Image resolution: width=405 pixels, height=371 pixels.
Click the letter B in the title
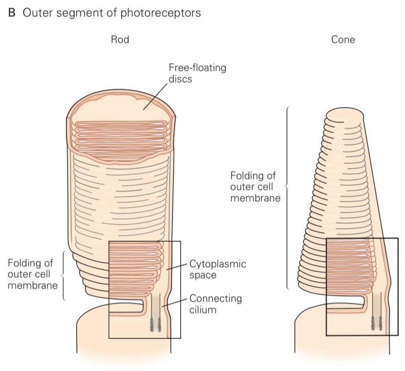pos(12,13)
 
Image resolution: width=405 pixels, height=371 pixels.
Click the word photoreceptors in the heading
pos(160,13)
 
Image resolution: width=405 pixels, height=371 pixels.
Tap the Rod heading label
pos(120,39)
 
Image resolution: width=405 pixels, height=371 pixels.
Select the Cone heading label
pos(343,39)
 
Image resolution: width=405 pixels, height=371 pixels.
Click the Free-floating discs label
pos(197,73)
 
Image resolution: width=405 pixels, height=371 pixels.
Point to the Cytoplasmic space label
pos(218,269)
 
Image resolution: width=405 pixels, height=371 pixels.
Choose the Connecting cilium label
pos(216,304)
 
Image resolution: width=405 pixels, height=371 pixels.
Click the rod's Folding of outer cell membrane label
pos(33,274)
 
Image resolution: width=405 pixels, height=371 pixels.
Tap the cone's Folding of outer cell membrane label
pos(255,187)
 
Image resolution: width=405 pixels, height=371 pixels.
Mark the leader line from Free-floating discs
pos(155,96)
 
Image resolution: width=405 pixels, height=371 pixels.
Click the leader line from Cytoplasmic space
pos(176,267)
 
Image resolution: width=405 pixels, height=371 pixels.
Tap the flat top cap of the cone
pos(344,114)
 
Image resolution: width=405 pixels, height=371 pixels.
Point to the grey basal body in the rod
pos(155,325)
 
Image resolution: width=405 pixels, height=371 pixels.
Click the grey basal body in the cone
pos(376,323)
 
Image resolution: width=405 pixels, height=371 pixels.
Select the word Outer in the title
pos(38,13)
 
